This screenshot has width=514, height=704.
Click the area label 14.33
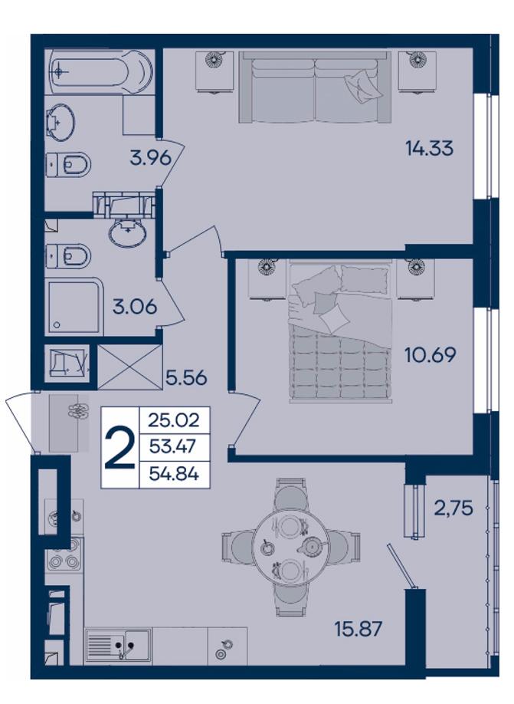click(x=429, y=148)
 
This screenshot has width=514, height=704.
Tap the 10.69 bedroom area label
click(x=431, y=355)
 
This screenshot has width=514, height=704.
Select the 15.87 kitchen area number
click(x=358, y=629)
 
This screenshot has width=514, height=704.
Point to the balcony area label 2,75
click(x=453, y=508)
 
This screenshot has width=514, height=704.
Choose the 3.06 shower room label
click(x=135, y=307)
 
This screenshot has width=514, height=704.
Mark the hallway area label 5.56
click(x=186, y=377)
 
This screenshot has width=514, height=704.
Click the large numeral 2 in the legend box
click(x=119, y=448)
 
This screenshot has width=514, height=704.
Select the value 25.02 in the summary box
click(x=174, y=421)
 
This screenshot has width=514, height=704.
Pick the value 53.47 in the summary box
click(x=174, y=447)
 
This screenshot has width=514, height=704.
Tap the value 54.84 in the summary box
click(x=174, y=474)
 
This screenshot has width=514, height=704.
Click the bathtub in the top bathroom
click(x=101, y=71)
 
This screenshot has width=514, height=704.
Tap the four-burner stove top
click(x=64, y=554)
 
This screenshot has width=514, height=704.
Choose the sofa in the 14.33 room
click(x=315, y=87)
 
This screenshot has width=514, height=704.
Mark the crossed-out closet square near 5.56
click(x=129, y=367)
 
